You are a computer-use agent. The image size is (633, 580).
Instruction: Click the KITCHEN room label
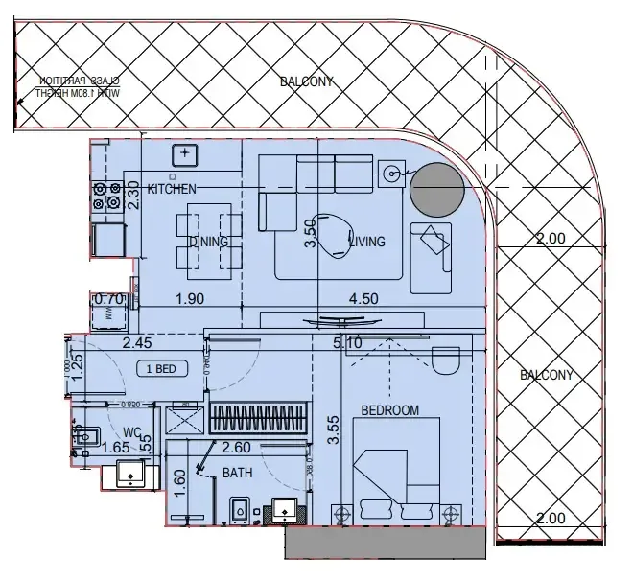pos(173,189)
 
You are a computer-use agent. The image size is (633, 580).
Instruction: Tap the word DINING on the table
pos(208,242)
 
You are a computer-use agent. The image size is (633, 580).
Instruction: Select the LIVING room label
pos(367,242)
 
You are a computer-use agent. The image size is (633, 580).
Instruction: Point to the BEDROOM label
pos(389,411)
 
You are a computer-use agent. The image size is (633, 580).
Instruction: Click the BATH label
pos(237,474)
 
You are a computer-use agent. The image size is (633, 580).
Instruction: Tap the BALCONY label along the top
pos(307,82)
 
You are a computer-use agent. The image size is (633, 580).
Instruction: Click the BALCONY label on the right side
pos(546,375)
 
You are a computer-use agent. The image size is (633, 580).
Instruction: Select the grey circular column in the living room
pos(436,189)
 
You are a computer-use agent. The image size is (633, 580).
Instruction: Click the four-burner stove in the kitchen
pos(105,196)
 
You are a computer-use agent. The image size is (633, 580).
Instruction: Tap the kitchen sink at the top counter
pos(184,153)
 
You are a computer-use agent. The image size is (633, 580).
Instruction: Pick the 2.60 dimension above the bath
pos(237,447)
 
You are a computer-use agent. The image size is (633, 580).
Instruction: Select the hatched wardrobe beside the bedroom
pos(257,418)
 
